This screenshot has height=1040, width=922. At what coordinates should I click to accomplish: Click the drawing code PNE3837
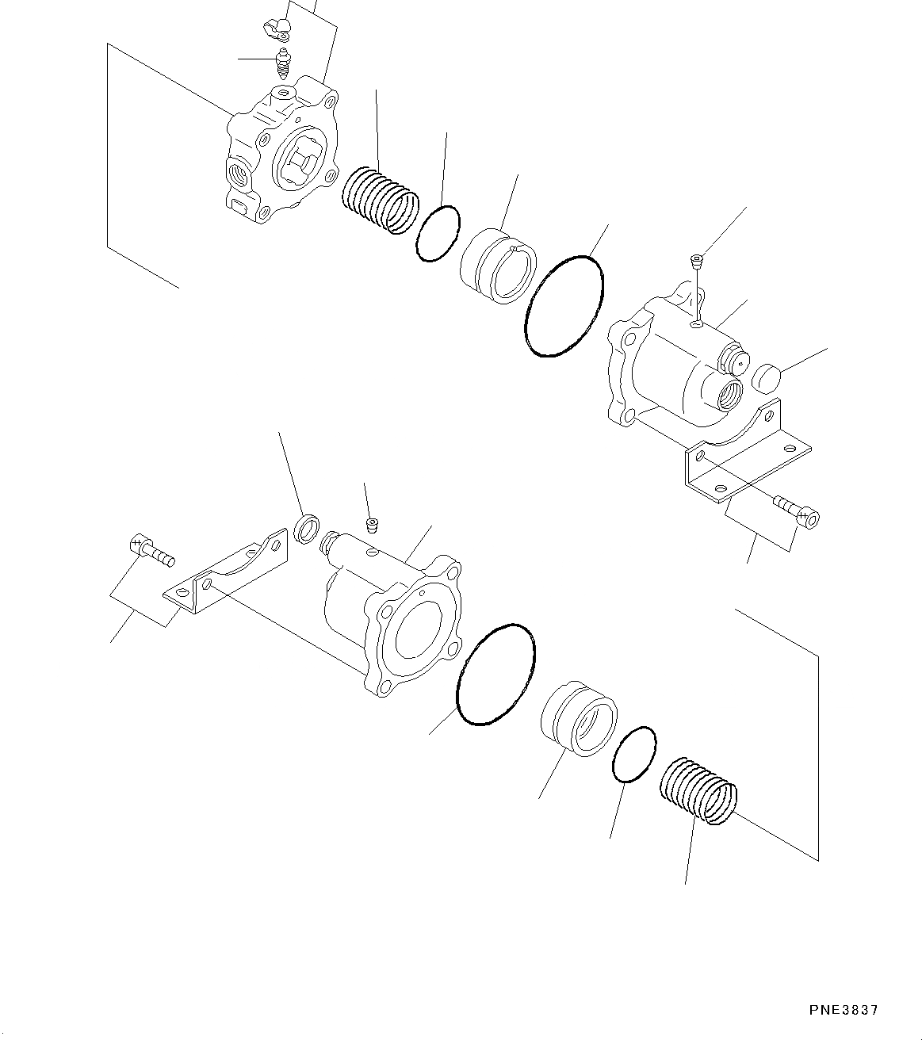(844, 1010)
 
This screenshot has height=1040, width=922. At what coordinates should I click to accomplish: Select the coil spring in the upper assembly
(380, 201)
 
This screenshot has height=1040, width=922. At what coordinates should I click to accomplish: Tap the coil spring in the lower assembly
(698, 791)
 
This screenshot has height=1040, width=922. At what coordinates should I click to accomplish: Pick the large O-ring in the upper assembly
(564, 305)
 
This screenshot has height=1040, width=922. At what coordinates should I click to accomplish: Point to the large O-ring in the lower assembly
(495, 674)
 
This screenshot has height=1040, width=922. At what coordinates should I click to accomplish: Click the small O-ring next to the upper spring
(437, 233)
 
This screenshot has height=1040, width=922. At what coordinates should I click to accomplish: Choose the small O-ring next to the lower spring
(633, 755)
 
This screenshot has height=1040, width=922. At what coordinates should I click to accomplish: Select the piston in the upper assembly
(498, 266)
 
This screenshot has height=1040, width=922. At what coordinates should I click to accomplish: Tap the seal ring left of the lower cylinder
(307, 528)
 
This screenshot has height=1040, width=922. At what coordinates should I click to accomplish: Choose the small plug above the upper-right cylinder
(696, 258)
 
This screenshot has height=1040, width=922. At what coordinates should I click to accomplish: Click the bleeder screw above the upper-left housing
(284, 63)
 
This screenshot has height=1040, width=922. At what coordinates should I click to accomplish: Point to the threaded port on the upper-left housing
(238, 170)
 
